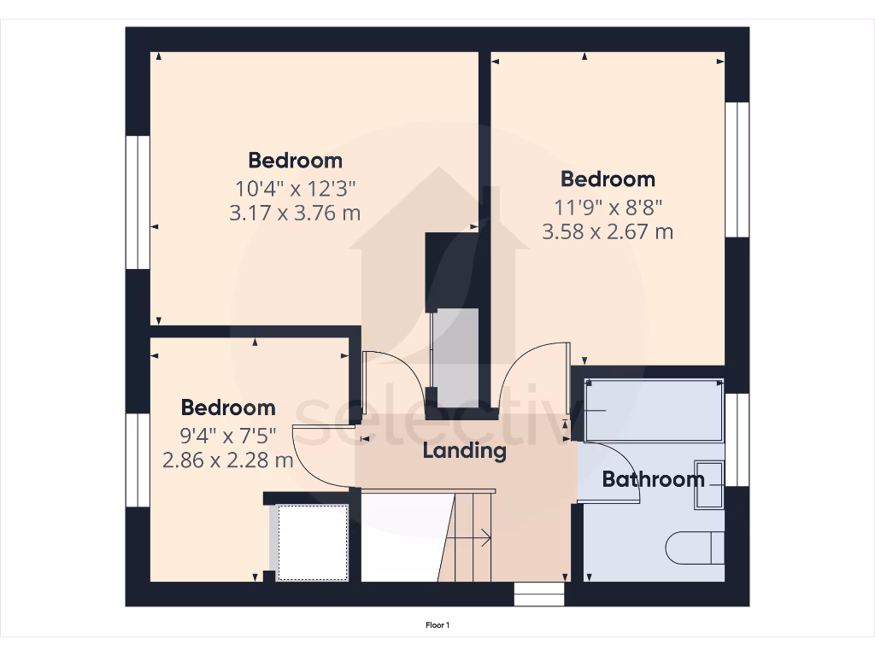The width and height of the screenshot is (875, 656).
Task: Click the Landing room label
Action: (465, 450)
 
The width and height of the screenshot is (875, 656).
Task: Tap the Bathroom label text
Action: (654, 479)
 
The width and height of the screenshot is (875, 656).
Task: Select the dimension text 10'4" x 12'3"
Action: (295, 186)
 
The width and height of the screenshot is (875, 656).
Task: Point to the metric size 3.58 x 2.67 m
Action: (608, 231)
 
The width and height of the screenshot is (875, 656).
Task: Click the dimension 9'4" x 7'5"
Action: (227, 434)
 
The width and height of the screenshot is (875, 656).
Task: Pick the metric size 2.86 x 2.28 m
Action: (227, 460)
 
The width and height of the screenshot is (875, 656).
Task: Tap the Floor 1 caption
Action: (437, 625)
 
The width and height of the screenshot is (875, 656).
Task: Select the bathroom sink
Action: (710, 484)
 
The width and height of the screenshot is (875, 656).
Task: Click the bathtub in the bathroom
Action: (655, 411)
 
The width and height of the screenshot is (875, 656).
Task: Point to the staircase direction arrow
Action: (470, 538)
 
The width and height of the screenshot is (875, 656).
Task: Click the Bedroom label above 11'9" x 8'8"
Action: (608, 179)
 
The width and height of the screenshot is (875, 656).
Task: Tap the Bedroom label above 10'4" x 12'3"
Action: (295, 160)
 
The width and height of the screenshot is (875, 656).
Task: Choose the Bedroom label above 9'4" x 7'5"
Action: (227, 407)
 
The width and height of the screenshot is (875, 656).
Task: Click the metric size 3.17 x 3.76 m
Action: (295, 213)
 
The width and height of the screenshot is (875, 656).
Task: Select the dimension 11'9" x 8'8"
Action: (608, 205)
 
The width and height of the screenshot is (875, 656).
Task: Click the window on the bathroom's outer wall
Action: (737, 439)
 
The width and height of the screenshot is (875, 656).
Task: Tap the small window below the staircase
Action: (540, 594)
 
